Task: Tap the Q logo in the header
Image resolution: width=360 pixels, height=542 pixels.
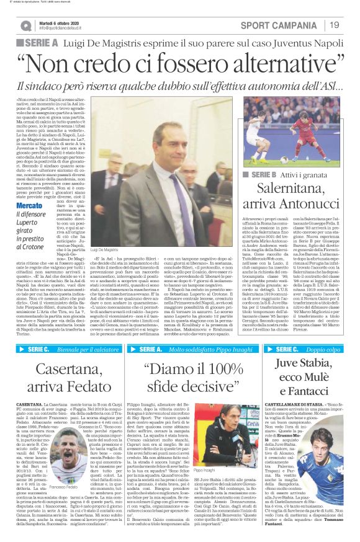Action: click(x=27, y=25)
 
